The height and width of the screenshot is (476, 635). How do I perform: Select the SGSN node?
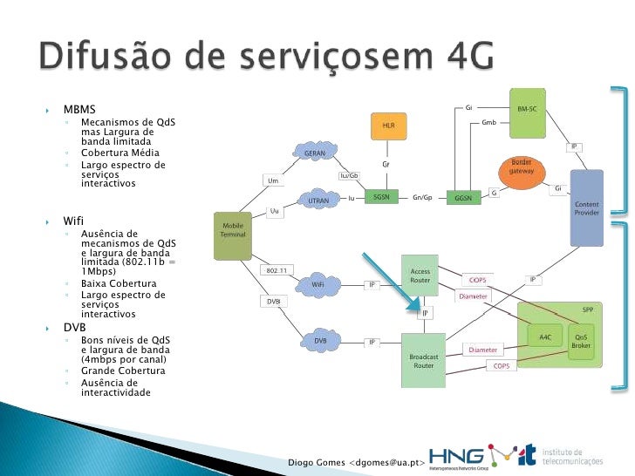pos(381,198)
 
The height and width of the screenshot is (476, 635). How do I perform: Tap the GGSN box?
pos(462,198)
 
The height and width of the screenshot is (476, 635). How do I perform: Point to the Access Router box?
pos(420,277)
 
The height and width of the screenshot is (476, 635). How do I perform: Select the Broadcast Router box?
pos(423,360)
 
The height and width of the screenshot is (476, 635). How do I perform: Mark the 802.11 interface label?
pos(277,270)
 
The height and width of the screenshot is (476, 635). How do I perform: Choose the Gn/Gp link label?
pos(422,198)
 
